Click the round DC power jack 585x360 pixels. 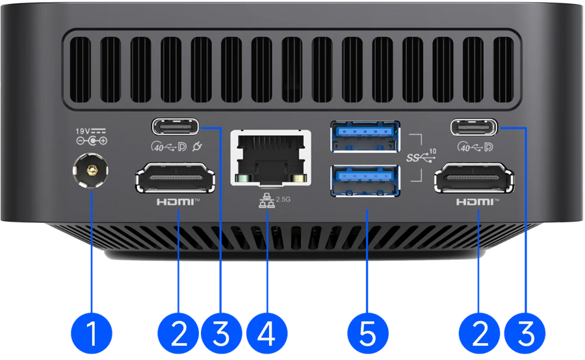[x=90, y=172]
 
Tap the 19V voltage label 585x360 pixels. [x=83, y=131]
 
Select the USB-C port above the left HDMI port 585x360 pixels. [x=175, y=127]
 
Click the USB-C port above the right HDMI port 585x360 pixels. [x=474, y=127]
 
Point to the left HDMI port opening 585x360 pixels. [x=175, y=177]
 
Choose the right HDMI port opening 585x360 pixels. [x=474, y=177]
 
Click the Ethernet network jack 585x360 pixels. [x=270, y=157]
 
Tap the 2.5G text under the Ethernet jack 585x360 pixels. [x=283, y=199]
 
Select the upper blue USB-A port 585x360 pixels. [x=365, y=136]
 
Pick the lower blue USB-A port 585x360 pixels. [x=365, y=181]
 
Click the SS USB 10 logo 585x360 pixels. [x=421, y=157]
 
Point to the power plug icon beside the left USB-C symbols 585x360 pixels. [x=198, y=147]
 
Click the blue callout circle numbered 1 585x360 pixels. [x=92, y=333]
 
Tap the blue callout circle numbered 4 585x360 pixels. [x=266, y=333]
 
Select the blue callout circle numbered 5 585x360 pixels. [x=367, y=333]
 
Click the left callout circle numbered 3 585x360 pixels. [x=221, y=333]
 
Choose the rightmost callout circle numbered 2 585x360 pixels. [x=480, y=333]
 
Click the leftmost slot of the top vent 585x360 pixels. [x=80, y=70]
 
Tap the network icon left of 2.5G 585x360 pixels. [x=266, y=201]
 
